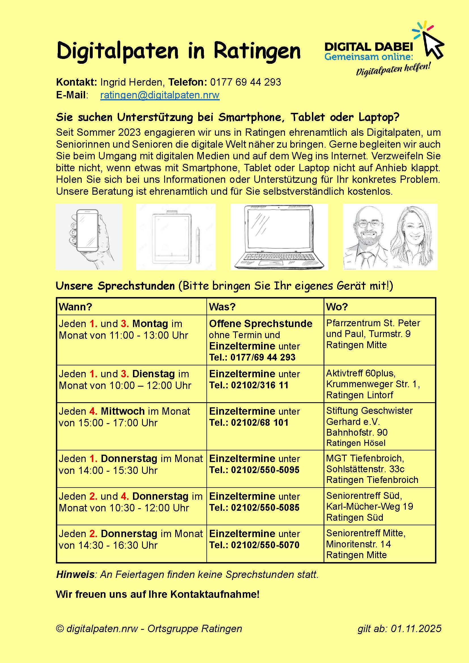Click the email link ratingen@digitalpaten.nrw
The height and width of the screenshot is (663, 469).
[160, 95]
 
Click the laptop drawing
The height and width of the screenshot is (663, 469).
[279, 237]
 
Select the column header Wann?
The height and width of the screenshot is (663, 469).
[75, 307]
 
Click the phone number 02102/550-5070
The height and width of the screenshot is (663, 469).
[265, 545]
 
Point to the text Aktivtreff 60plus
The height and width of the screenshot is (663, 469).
[360, 373]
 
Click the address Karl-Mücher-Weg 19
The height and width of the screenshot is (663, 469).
[369, 507]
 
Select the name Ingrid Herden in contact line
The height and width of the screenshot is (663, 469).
[132, 82]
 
